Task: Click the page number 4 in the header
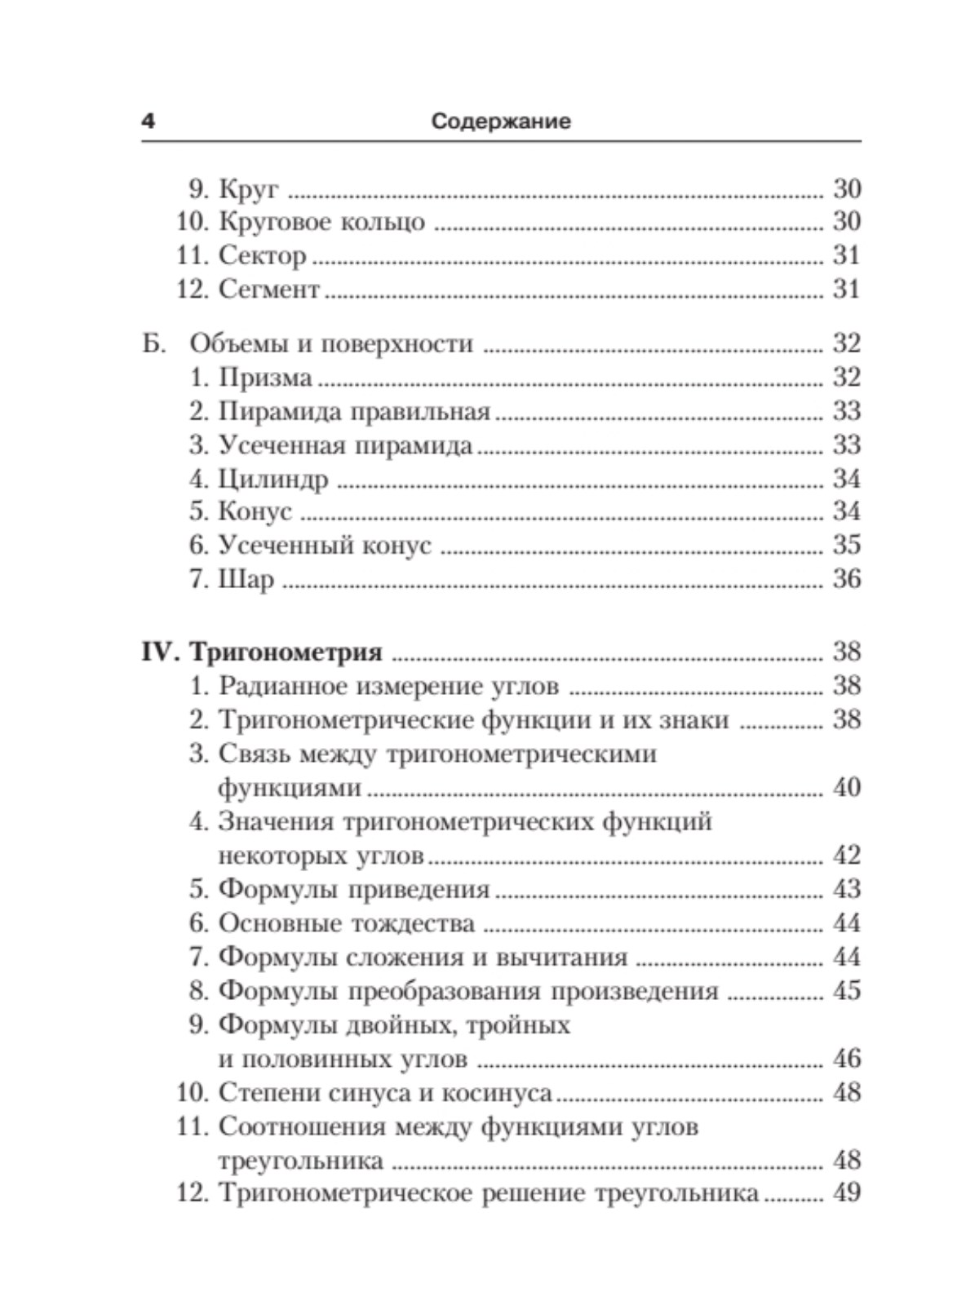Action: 148,122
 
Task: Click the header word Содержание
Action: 501,122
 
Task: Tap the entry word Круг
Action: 248,189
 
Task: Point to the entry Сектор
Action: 262,256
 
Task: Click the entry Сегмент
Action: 268,290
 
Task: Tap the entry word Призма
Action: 265,378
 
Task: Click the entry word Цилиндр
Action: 273,479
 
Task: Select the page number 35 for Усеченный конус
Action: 846,545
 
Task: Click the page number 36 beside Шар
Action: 846,579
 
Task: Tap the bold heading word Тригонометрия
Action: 286,652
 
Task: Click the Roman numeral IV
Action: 160,652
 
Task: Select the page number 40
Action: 846,788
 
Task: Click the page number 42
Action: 846,856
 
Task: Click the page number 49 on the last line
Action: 846,1193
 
